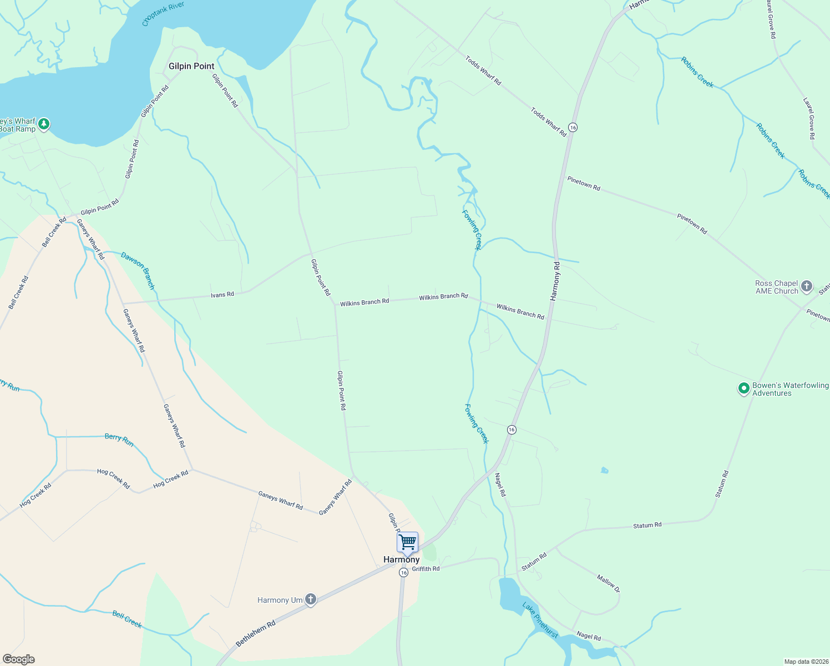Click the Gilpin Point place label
click(191, 66)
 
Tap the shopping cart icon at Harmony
click(407, 542)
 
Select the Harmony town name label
click(401, 559)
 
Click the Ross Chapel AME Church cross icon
click(807, 287)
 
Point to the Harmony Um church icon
click(311, 599)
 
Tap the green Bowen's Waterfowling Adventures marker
click(743, 389)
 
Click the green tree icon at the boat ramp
click(44, 124)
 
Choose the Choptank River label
click(163, 14)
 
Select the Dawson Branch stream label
click(138, 271)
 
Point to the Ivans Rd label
click(222, 294)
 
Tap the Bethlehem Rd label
click(256, 633)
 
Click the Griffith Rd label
click(426, 569)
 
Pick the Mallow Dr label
click(608, 583)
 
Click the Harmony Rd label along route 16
click(555, 281)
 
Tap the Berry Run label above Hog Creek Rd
click(119, 440)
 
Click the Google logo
click(18, 659)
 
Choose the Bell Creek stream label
click(127, 619)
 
